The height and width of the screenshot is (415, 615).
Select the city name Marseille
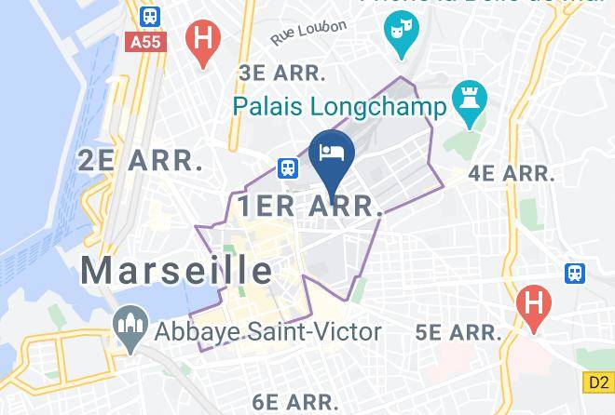pos(176,270)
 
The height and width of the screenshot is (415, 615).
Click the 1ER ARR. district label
pos(310,207)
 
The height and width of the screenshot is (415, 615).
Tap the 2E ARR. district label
pos(140,160)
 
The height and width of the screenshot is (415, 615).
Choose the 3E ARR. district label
pos(282,73)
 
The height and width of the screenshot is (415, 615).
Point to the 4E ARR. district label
pos(512,173)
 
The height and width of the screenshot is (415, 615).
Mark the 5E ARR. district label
pos(458,331)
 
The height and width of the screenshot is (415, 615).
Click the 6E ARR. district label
pos(294,402)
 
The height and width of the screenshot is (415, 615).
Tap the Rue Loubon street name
pos(308,33)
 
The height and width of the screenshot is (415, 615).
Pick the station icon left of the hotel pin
pos(288,167)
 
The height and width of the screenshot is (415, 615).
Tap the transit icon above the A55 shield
pos(147,16)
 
